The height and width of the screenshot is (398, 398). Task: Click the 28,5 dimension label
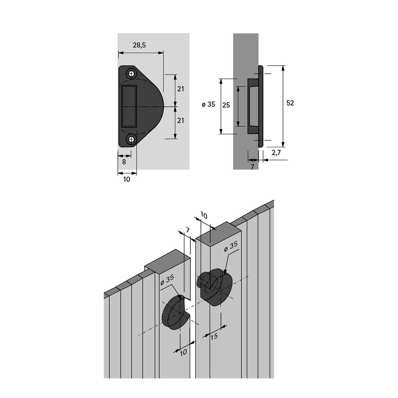point(139,45)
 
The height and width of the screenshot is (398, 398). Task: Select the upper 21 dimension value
point(180,89)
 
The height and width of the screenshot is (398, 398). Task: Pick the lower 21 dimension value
point(180,120)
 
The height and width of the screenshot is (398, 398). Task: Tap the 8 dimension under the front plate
point(124,162)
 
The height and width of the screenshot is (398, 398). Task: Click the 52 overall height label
point(290,103)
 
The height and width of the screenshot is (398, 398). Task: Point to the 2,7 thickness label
point(276,153)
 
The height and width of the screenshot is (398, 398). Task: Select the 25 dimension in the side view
point(226,105)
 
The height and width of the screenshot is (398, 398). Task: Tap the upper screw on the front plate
point(131,74)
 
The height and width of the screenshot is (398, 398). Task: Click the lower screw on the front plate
point(131,139)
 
